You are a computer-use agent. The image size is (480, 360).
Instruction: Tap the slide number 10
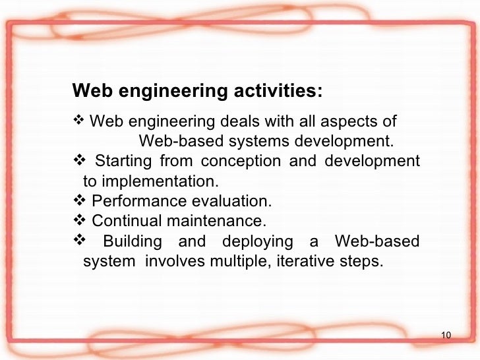(445, 337)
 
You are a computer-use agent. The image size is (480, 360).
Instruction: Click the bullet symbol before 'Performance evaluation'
(77, 200)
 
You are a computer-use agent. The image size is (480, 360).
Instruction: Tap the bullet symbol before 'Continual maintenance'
(77, 220)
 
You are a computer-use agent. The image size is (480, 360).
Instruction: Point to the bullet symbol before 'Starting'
(77, 161)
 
